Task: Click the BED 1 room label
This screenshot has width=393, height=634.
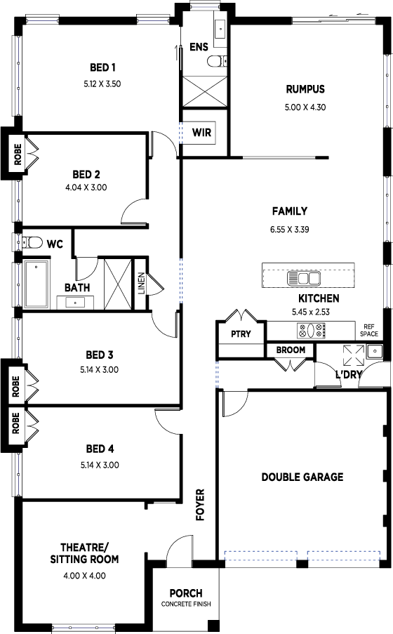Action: click(102, 67)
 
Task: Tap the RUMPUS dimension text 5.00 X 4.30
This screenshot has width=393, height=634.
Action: click(305, 107)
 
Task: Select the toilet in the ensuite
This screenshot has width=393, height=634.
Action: click(217, 61)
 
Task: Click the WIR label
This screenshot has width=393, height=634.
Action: click(201, 132)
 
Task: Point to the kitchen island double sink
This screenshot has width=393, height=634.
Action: click(303, 278)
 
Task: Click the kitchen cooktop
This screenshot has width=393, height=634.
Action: click(311, 330)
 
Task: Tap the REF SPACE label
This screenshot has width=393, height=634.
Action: click(368, 330)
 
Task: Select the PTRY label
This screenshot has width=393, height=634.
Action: click(241, 334)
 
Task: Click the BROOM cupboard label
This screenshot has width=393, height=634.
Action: click(291, 350)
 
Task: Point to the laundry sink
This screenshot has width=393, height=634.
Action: click(375, 351)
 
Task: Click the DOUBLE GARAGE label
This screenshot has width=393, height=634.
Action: click(302, 477)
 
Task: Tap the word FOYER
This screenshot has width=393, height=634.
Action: click(200, 505)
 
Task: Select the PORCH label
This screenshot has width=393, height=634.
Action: click(186, 593)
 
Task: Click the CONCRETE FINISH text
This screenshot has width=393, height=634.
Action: click(186, 604)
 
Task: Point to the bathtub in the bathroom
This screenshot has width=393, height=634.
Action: click(36, 284)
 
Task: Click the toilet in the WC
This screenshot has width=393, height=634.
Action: click(32, 242)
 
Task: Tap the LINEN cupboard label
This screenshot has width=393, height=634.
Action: click(141, 283)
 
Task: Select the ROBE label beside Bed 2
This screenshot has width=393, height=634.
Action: click(18, 154)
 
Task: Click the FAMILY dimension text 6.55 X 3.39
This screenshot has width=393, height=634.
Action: click(290, 230)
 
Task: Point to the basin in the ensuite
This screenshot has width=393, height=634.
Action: click(220, 29)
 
